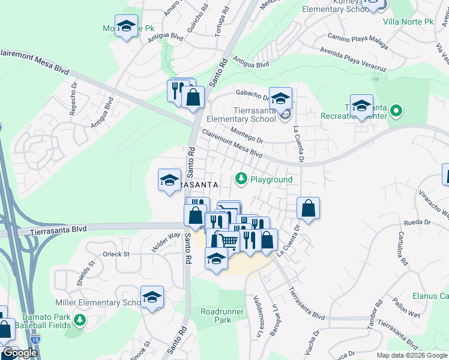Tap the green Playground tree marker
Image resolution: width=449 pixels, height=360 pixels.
241,178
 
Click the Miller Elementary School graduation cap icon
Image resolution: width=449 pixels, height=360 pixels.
152,297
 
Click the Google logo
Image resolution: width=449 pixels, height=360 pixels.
20,353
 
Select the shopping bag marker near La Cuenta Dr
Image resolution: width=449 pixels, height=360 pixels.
308,208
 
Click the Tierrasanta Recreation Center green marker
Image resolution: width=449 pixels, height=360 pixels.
396,110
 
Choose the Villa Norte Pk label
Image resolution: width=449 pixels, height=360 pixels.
408,22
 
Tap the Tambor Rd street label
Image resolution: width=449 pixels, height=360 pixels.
373,317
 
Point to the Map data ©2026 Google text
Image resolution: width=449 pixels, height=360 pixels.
412,355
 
